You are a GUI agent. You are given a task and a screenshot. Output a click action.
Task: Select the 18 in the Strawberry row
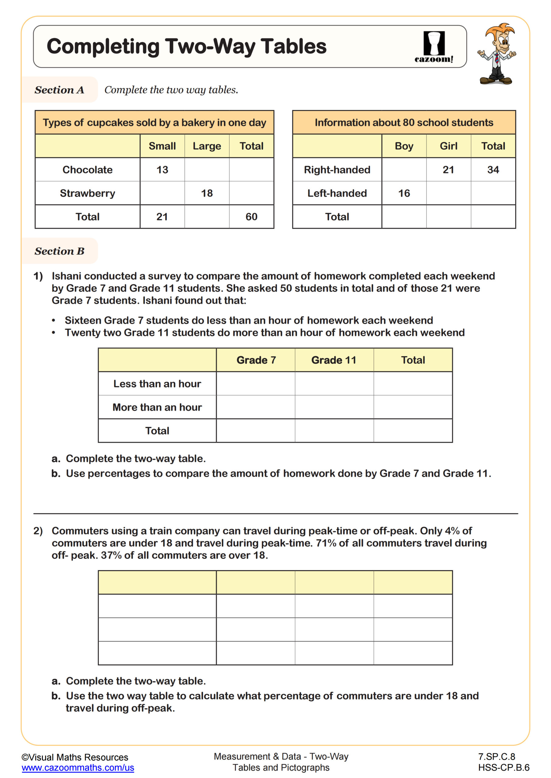tap(207, 193)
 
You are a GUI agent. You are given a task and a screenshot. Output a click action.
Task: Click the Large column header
tap(207, 146)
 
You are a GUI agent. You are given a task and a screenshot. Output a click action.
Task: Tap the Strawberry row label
tap(88, 193)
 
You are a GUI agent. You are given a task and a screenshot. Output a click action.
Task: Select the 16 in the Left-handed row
tap(404, 193)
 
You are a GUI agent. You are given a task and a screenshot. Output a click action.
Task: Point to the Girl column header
tap(448, 146)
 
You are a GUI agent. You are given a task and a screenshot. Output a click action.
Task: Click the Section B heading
tap(59, 251)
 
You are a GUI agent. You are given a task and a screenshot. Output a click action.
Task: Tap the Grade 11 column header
tap(334, 360)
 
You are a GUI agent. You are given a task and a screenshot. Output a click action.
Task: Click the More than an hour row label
tap(157, 407)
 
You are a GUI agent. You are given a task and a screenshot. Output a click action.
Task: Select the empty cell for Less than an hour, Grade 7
tap(256, 384)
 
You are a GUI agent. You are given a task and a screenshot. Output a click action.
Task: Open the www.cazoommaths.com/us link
tap(78, 767)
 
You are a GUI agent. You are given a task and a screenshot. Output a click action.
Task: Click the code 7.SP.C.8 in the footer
tap(496, 756)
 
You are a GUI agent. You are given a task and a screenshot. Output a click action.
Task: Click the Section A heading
tap(59, 90)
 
